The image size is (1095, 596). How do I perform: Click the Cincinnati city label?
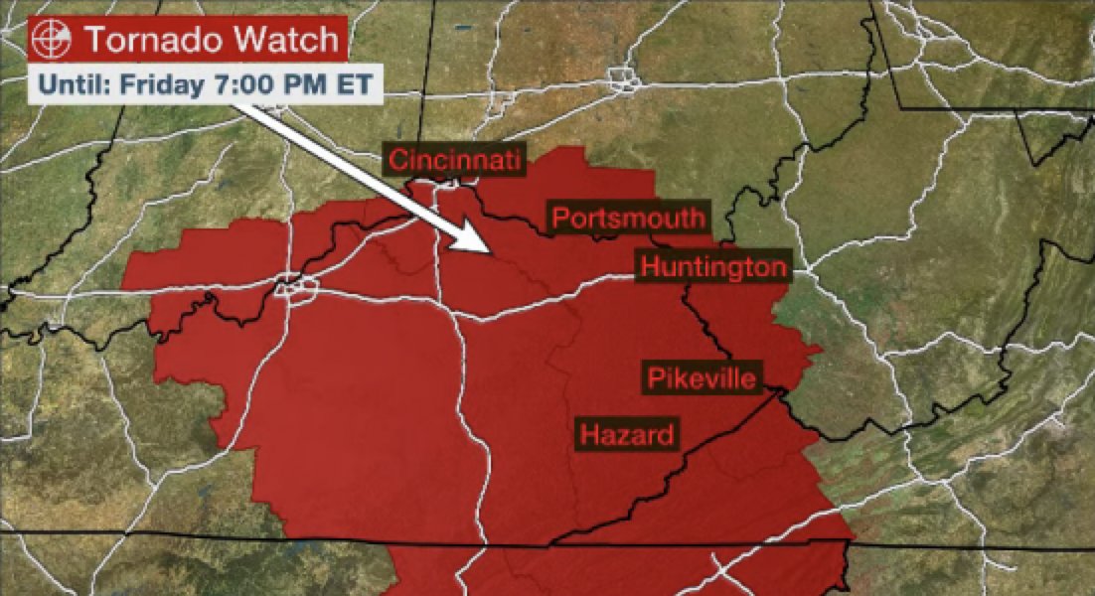point(455,160)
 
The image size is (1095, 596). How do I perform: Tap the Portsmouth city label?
point(628,218)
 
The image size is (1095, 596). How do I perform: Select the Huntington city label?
point(713,267)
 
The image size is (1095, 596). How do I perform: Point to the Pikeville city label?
point(703,377)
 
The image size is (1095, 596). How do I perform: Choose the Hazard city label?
point(626,434)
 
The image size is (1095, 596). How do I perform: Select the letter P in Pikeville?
point(655,377)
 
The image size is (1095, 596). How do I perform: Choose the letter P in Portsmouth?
point(560,218)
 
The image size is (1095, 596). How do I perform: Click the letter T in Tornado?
point(92,41)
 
